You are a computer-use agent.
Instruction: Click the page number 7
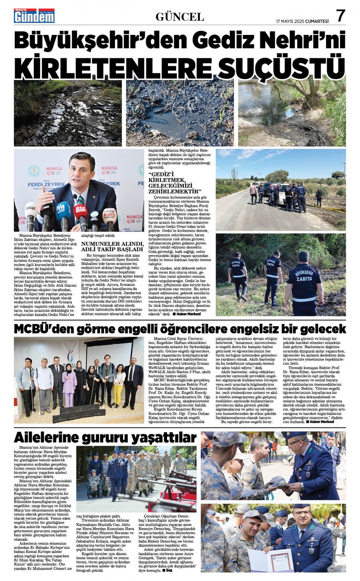click(340, 16)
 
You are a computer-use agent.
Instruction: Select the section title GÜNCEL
click(180, 17)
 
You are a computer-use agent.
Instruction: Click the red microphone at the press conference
click(80, 213)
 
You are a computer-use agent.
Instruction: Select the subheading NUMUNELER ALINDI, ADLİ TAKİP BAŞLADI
click(112, 246)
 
